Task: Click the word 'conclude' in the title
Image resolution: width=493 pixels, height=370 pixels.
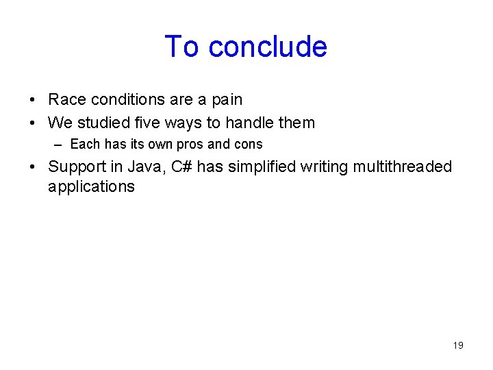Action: (x=268, y=47)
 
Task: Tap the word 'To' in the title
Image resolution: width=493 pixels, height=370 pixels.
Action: (x=182, y=47)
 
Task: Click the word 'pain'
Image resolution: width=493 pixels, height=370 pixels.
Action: (x=226, y=100)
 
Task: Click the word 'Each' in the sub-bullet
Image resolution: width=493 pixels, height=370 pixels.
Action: (x=86, y=145)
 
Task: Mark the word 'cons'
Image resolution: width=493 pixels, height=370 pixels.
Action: (x=249, y=145)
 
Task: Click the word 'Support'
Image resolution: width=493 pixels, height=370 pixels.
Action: (x=76, y=167)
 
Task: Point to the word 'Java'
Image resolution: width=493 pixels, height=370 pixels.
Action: (x=144, y=167)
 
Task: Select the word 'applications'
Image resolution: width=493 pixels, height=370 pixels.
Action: (x=91, y=187)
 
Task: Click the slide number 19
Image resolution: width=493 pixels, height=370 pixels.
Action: (x=458, y=345)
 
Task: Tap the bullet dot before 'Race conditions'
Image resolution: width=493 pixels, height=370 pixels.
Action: (x=34, y=101)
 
